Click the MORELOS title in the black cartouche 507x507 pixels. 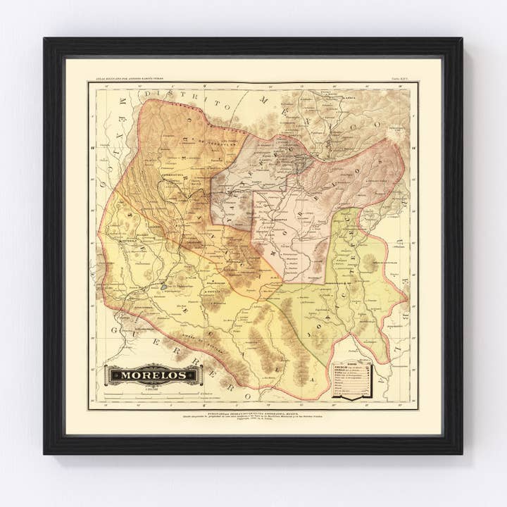(x=153, y=375)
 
